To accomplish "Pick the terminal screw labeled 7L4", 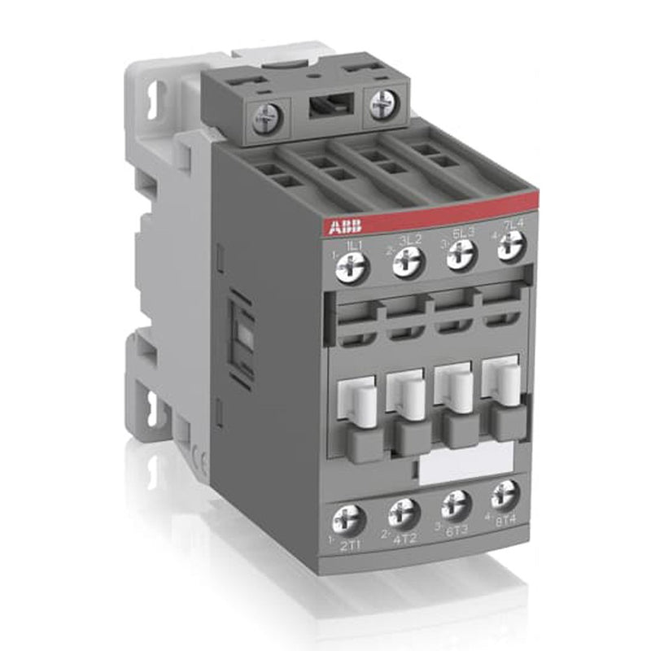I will pyautogui.click(x=510, y=242).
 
